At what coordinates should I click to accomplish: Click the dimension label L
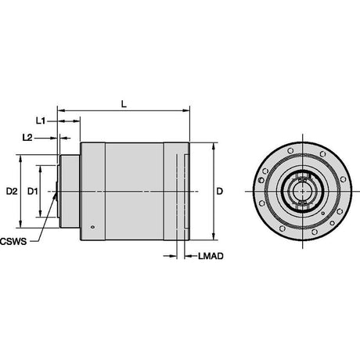click(x=124, y=104)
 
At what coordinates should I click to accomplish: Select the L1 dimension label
click(x=41, y=121)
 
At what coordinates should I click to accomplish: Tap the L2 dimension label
click(x=27, y=138)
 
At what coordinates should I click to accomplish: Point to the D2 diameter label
click(x=12, y=192)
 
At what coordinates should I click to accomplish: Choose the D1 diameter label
click(x=33, y=192)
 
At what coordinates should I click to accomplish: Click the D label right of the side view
click(x=220, y=191)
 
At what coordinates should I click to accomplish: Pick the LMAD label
click(x=211, y=256)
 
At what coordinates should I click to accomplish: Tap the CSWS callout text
click(x=13, y=242)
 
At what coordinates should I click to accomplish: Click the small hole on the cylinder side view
click(x=92, y=227)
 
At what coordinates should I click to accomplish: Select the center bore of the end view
click(x=303, y=191)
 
